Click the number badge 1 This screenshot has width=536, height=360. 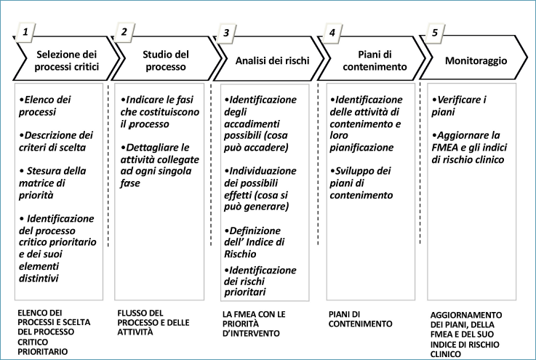pyautogui.click(x=25, y=33)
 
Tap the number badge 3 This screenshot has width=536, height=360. pyautogui.click(x=226, y=33)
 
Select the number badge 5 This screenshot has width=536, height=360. pyautogui.click(x=434, y=33)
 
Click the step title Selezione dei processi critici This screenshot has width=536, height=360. pyautogui.click(x=67, y=60)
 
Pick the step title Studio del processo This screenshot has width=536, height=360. pyautogui.click(x=166, y=60)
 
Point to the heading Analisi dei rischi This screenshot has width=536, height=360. pyautogui.click(x=273, y=61)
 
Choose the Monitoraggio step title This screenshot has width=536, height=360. pyautogui.click(x=476, y=61)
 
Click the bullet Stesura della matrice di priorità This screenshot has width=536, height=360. pyautogui.click(x=52, y=183)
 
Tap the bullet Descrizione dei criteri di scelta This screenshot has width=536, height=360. pyautogui.click(x=55, y=141)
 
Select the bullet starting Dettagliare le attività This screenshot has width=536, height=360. pyautogui.click(x=159, y=165)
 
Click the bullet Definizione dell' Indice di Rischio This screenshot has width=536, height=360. pyautogui.click(x=254, y=242)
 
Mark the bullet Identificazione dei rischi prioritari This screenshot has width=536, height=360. pyautogui.click(x=260, y=281)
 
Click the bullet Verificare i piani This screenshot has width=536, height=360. pyautogui.click(x=459, y=105)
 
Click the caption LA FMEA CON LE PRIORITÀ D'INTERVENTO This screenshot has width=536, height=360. pyautogui.click(x=254, y=324)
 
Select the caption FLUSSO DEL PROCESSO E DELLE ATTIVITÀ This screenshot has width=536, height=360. pyautogui.click(x=153, y=322)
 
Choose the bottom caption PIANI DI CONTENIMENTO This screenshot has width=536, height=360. pyautogui.click(x=360, y=319)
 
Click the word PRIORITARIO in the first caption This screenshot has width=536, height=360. pyautogui.click(x=43, y=352)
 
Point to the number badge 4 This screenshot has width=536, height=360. pyautogui.click(x=332, y=33)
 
